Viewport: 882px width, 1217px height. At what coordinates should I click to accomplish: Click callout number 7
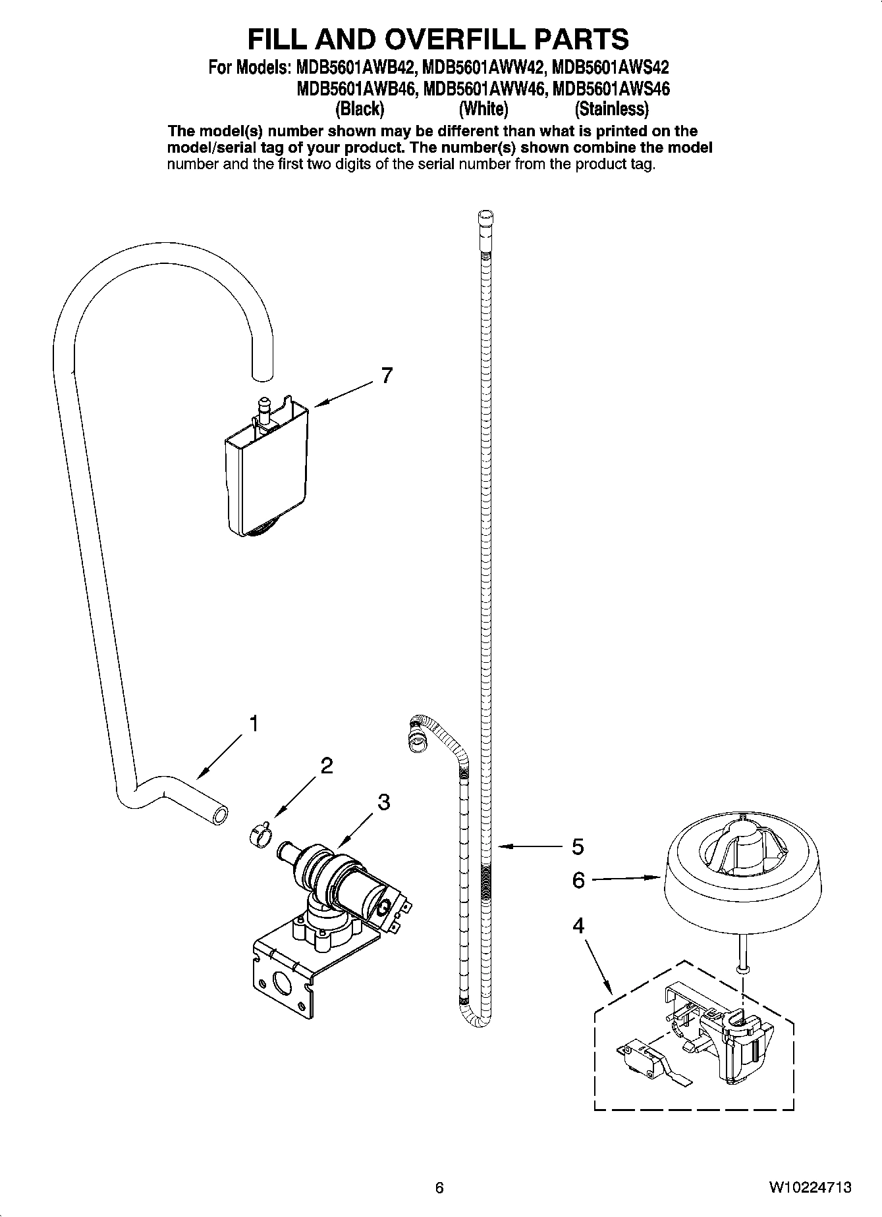pos(387,376)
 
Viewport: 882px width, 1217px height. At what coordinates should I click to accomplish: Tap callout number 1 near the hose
pos(253,724)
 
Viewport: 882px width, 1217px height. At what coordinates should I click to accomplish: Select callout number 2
pos(327,765)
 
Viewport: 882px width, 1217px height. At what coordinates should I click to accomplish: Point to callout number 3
pos(383,802)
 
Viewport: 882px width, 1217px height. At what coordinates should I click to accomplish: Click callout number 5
pos(578,846)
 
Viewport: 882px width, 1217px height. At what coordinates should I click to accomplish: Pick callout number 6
pos(578,880)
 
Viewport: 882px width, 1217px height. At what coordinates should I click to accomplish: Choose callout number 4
pos(578,927)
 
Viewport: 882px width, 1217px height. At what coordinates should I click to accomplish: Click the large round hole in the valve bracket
pos(283,986)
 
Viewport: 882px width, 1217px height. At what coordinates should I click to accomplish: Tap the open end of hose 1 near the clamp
pos(220,816)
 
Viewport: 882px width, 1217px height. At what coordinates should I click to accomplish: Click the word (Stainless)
pos(611,108)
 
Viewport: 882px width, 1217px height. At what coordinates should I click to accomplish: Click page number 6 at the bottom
pos(439,1188)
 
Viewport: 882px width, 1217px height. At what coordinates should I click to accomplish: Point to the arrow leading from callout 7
pos(343,395)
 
